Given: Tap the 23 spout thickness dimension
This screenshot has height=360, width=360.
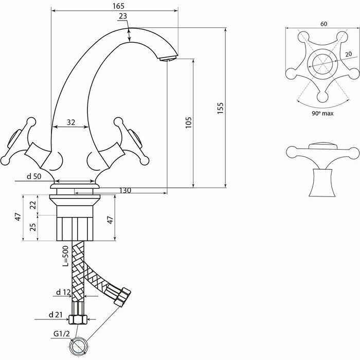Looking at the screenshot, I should point(122,16).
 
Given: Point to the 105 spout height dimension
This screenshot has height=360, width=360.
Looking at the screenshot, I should point(188,122).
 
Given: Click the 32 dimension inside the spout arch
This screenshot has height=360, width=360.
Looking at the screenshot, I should point(71,122).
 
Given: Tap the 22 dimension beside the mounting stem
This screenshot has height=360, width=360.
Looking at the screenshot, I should point(32,204).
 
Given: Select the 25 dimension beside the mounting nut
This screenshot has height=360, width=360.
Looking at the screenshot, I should point(32,227).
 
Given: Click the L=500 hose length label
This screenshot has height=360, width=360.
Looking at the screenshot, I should point(65,256).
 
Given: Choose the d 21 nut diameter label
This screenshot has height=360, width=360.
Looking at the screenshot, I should point(56,314).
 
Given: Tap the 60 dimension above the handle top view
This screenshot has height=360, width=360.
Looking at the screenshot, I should point(323,24).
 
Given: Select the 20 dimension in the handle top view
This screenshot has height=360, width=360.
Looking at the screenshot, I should point(348,55).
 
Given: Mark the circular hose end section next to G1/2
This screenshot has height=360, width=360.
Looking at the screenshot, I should point(80,346).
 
